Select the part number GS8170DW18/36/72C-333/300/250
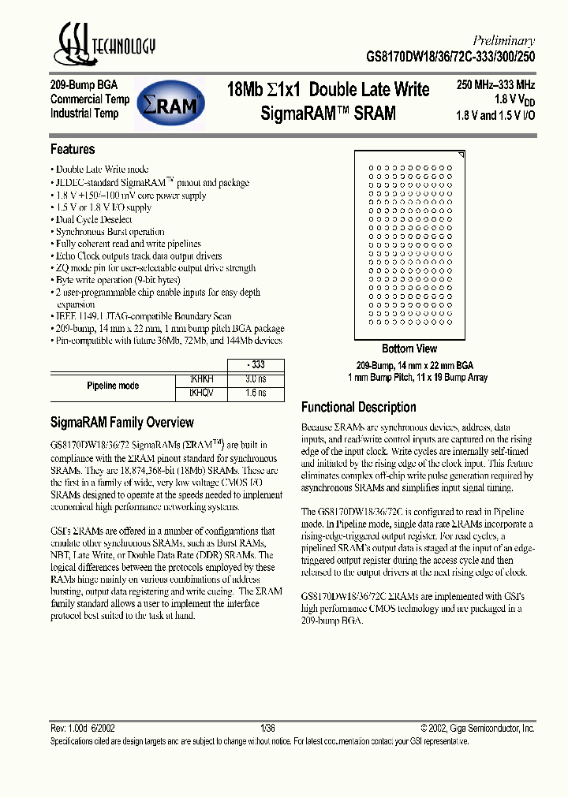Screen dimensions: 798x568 click(461, 57)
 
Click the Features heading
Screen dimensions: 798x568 click(73, 149)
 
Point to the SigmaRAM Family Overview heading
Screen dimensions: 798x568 click(121, 422)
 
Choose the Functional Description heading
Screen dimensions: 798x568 click(358, 407)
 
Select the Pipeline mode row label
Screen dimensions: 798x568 click(112, 386)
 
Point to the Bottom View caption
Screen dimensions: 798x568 click(409, 349)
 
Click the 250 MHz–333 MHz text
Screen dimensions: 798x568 click(495, 85)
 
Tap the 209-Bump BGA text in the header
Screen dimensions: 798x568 click(83, 85)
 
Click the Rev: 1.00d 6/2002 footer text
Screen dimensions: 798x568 click(83, 729)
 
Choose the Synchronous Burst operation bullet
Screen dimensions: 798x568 click(110, 232)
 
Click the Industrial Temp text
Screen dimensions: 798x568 click(84, 114)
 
